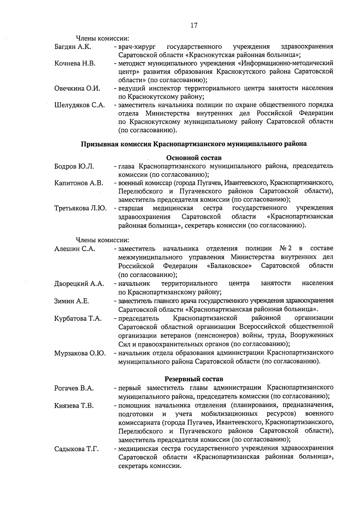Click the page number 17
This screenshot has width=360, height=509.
(194, 25)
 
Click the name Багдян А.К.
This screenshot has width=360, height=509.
(73, 47)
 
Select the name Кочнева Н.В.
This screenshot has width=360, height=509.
(75, 64)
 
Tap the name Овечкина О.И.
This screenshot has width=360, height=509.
(77, 88)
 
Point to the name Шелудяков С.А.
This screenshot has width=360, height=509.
(79, 105)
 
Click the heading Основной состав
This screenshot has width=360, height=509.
(194, 158)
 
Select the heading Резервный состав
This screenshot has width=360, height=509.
(194, 379)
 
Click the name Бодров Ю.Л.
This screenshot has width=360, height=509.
(74, 166)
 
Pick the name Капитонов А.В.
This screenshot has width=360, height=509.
(79, 183)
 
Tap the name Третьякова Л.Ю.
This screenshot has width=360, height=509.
(80, 208)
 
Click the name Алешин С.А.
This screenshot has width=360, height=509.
(75, 249)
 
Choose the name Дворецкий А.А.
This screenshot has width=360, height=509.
(79, 284)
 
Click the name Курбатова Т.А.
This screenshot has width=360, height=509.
(78, 319)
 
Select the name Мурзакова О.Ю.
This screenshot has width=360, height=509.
(80, 353)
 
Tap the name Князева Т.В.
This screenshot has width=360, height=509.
(74, 406)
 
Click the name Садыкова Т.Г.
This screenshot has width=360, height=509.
(77, 449)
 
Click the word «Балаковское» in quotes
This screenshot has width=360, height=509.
(229, 266)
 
